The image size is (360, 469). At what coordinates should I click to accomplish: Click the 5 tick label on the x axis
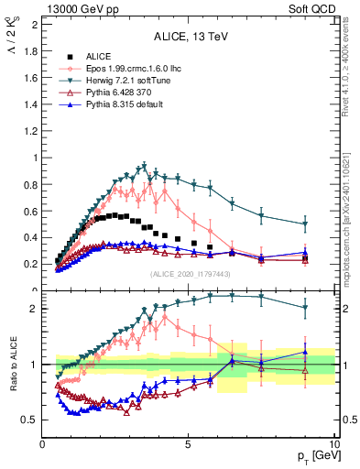(188, 445)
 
